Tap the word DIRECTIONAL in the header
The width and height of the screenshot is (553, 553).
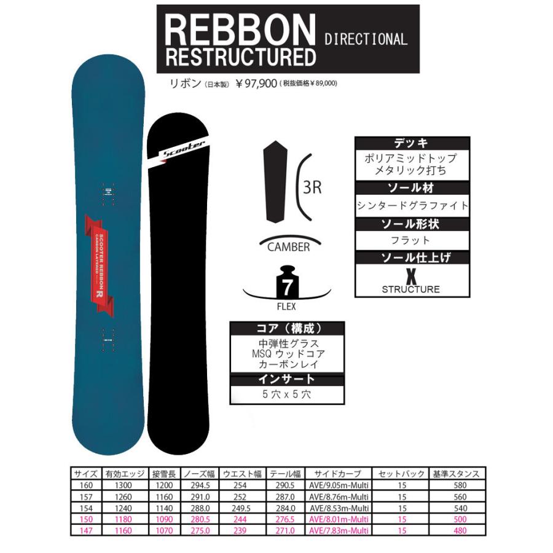point(366,39)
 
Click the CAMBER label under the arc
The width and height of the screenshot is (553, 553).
point(288,248)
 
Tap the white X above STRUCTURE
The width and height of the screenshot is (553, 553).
point(412,274)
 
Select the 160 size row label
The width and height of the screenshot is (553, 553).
point(83,485)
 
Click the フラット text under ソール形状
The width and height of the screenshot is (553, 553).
point(412,240)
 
